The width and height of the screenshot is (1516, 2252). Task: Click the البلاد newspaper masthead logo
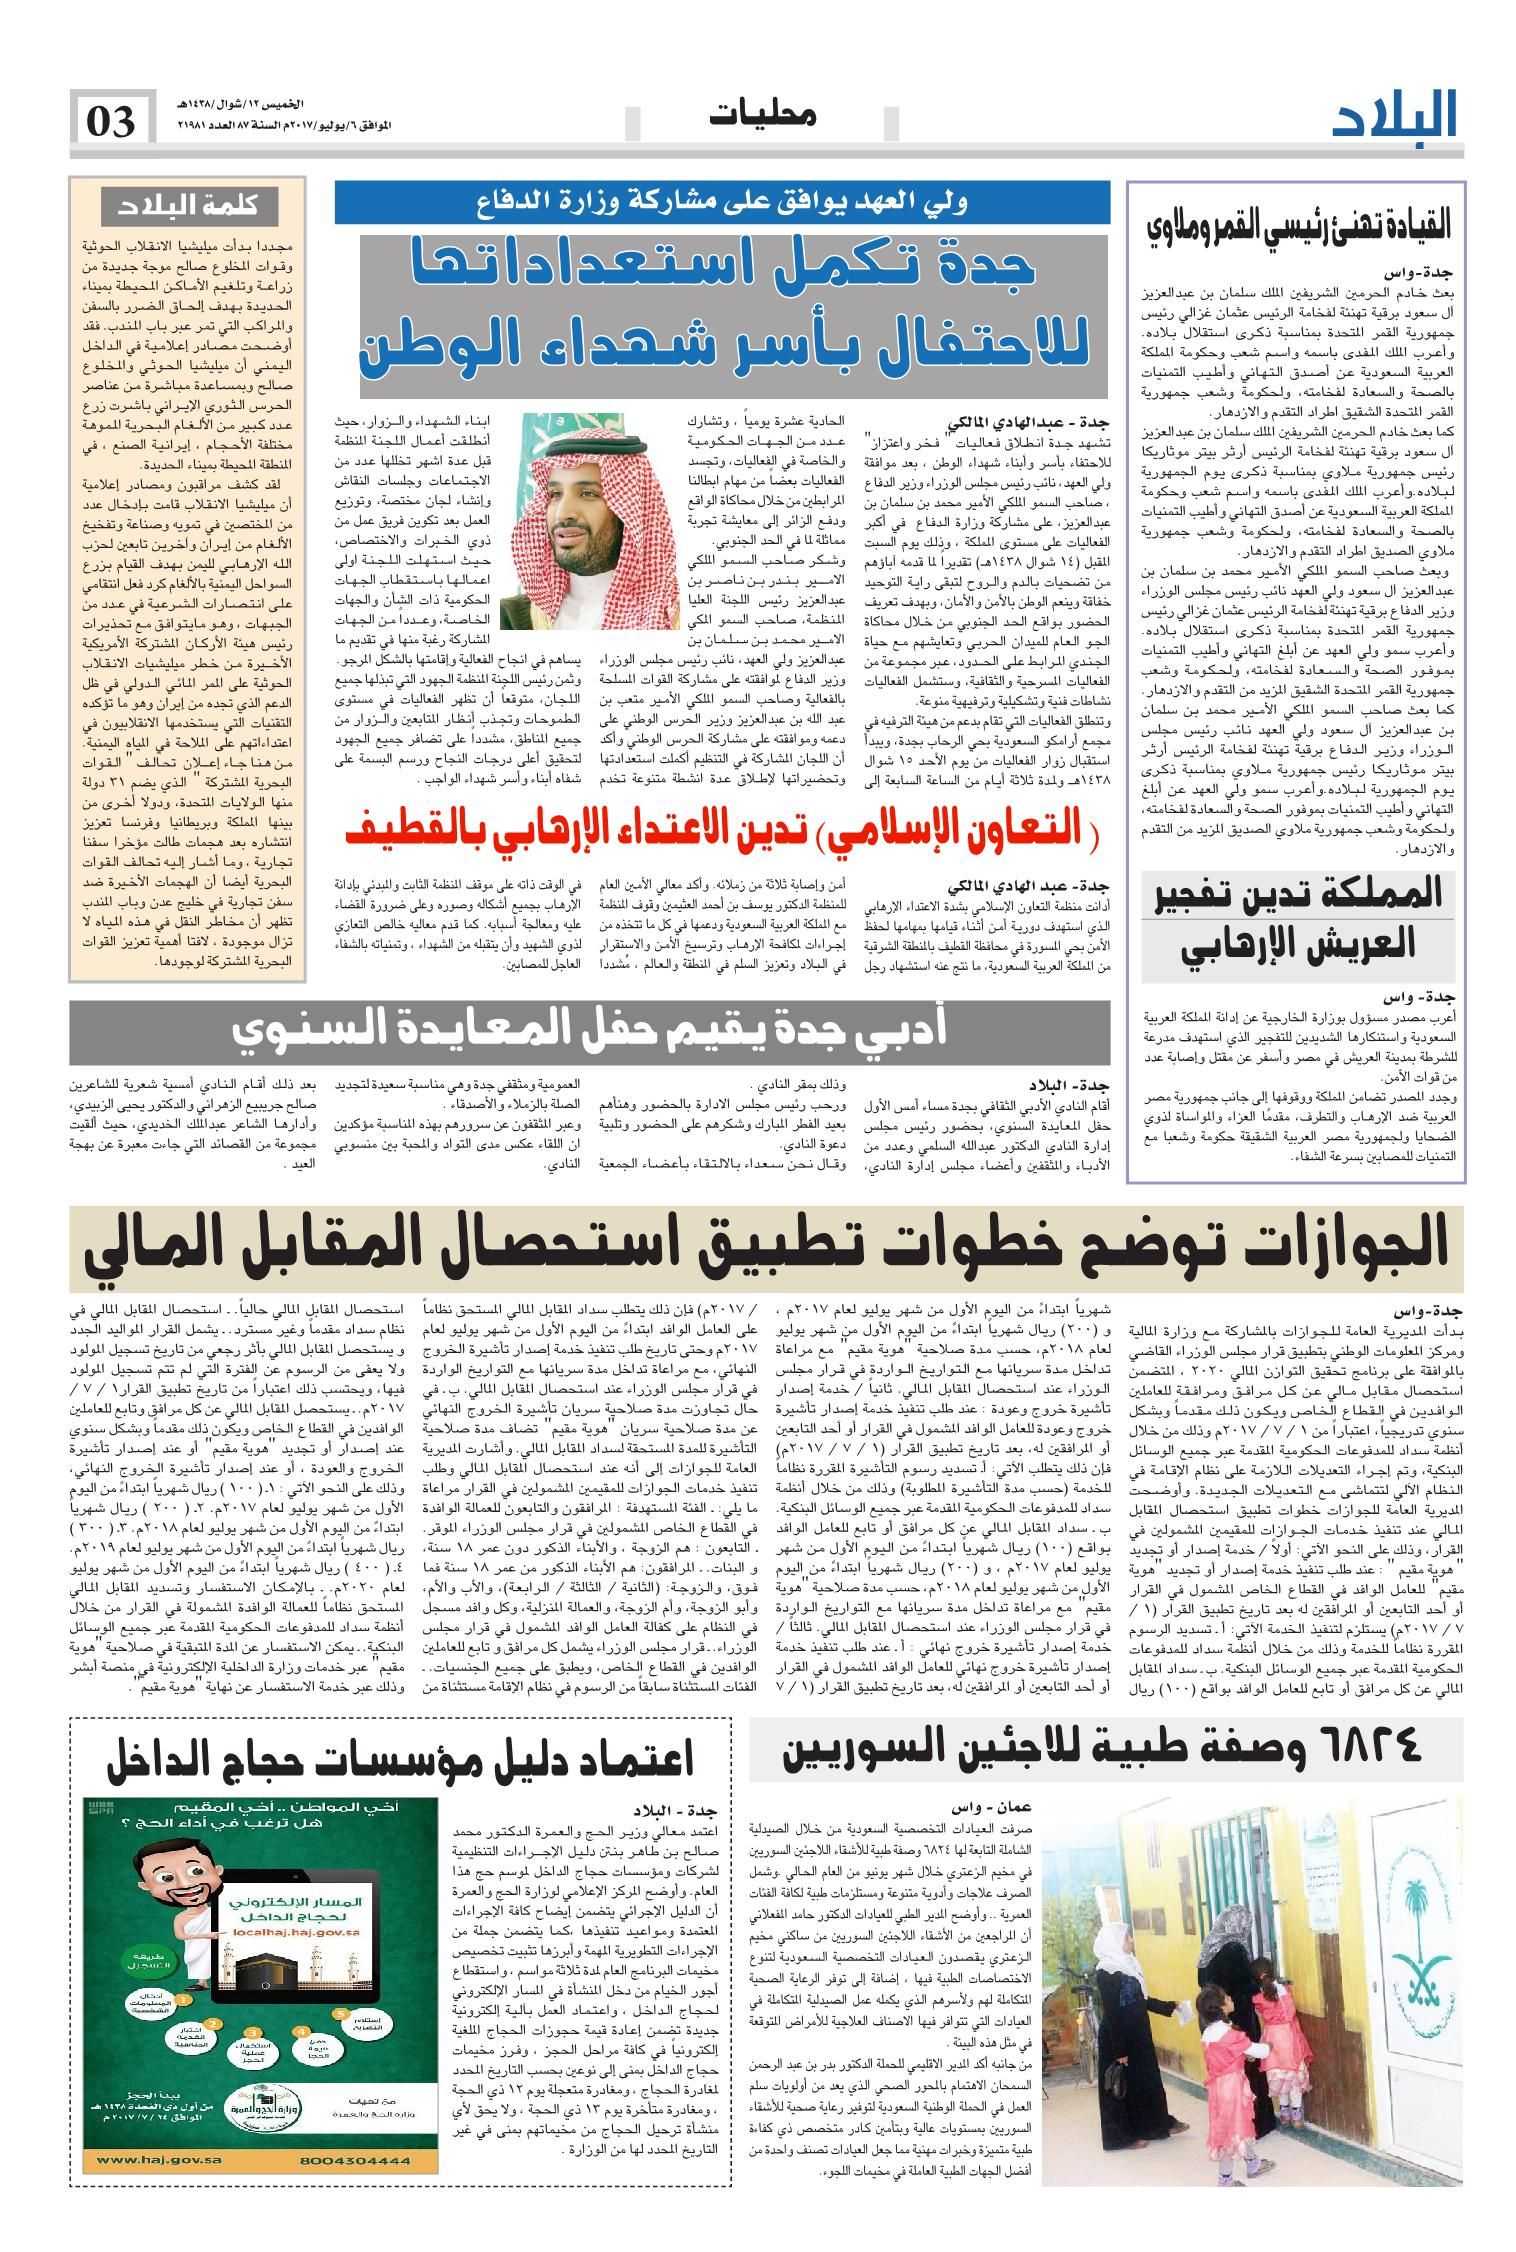point(1396,118)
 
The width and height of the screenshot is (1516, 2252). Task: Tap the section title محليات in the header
point(762,116)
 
